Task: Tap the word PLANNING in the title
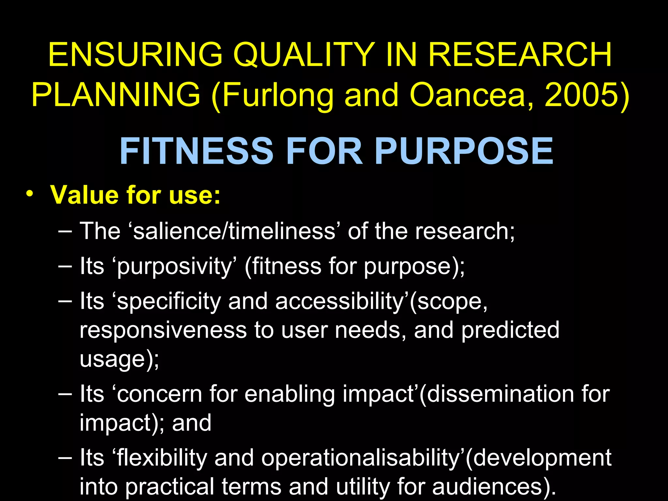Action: [x=116, y=95]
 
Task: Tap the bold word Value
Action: [x=84, y=195]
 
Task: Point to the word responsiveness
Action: [x=163, y=330]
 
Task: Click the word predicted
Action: [x=510, y=330]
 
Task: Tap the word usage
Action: [x=112, y=359]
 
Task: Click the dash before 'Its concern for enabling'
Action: [x=65, y=393]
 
